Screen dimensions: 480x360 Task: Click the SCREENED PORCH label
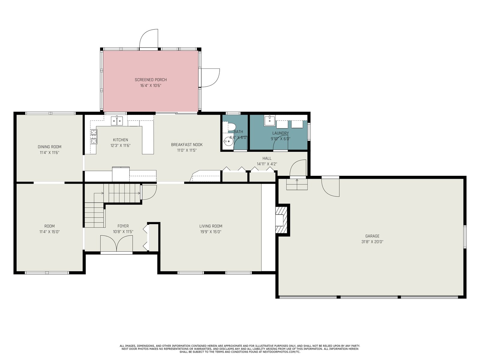[151, 80]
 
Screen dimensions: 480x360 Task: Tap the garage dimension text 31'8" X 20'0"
[372, 242]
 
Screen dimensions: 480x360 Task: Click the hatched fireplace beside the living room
[281, 220]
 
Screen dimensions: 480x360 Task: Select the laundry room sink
[269, 121]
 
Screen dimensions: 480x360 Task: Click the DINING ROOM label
[49, 147]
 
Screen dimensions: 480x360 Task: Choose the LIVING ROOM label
[211, 226]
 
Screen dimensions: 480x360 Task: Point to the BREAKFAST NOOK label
[187, 145]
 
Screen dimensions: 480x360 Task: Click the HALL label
[267, 158]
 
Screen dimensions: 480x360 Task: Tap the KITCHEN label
[121, 140]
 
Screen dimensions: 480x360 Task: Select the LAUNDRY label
[280, 133]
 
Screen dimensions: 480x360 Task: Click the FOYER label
[123, 226]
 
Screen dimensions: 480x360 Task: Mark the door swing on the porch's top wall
[149, 38]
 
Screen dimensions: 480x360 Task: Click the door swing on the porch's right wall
[210, 78]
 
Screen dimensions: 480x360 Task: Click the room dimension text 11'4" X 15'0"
[49, 232]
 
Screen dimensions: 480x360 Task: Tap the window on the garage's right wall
[465, 237]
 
